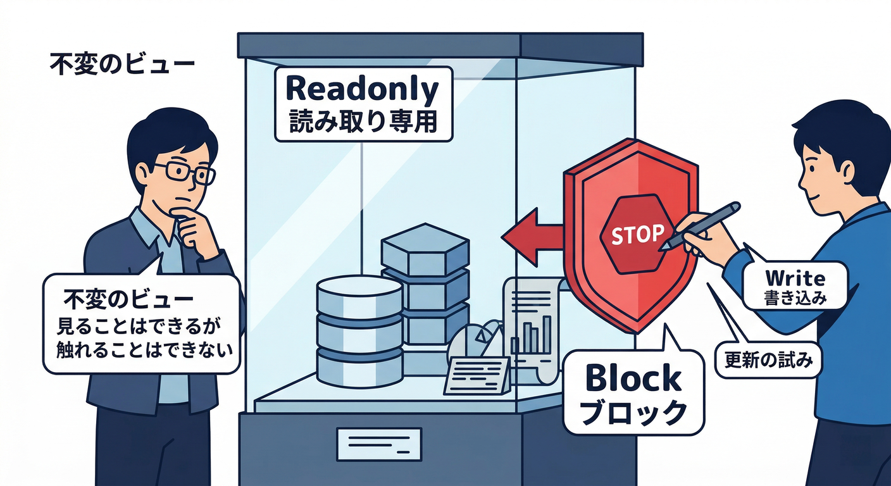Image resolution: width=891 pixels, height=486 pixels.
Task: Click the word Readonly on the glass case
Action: click(362, 90)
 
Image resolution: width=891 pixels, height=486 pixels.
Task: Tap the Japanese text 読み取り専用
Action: click(363, 121)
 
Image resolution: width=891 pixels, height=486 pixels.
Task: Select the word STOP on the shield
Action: click(638, 234)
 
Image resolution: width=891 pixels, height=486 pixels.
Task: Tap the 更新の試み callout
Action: click(768, 360)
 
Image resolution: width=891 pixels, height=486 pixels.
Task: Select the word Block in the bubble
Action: click(633, 378)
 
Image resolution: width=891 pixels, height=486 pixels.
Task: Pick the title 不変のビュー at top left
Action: click(122, 64)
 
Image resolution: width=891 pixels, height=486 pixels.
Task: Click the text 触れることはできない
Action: click(144, 350)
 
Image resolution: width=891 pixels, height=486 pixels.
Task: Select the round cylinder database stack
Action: click(359, 332)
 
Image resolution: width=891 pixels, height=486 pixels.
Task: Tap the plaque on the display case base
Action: click(379, 444)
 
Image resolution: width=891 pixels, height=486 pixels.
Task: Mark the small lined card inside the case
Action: click(477, 376)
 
